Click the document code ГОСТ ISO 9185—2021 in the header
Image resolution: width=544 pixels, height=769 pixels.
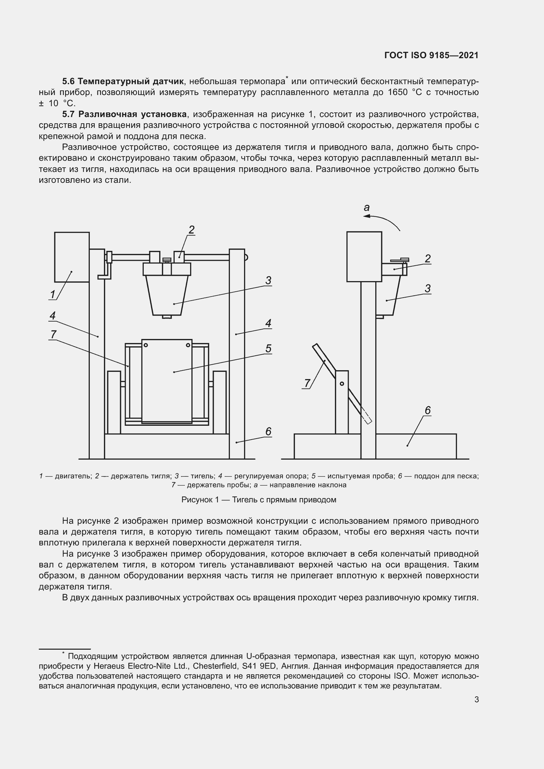pos(431,55)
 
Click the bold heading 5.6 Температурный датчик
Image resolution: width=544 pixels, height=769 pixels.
pos(123,81)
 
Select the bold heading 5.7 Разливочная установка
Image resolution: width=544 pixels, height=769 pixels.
pos(124,114)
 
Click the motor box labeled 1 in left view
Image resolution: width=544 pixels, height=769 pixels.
pos(72,257)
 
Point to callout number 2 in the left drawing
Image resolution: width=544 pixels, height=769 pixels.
pos(191,230)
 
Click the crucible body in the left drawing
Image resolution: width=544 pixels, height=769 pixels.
pos(167,295)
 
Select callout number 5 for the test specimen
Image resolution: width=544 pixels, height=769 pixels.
pos(268,348)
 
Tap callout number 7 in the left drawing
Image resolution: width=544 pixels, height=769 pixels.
pos(53,334)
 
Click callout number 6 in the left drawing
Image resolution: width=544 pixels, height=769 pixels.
pos(268,432)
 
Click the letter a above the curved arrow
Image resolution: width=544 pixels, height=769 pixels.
pos(367,208)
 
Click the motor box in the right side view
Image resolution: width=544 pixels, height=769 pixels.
pos(364,256)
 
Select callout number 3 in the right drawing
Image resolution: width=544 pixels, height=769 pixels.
pos(427,288)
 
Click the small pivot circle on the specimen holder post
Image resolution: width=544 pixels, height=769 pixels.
pos(342,383)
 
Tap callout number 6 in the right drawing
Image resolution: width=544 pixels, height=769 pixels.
pos(428,410)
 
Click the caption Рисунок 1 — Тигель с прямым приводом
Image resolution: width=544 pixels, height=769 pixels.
pos(259,500)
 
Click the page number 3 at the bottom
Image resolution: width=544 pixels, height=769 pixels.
pos(476,700)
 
